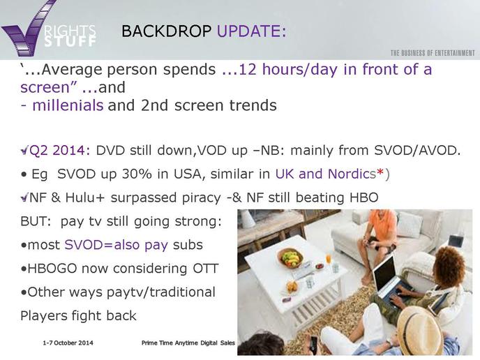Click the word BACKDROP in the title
pyautogui.click(x=166, y=31)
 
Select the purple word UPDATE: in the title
pyautogui.click(x=251, y=31)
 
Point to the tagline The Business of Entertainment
pyautogui.click(x=433, y=53)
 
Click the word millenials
pyautogui.click(x=68, y=105)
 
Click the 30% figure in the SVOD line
pyautogui.click(x=137, y=174)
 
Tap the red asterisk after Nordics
pyautogui.click(x=380, y=172)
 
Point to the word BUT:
pyautogui.click(x=36, y=221)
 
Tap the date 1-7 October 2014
pyautogui.click(x=68, y=343)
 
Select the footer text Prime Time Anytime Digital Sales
pyautogui.click(x=188, y=343)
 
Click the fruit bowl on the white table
pyautogui.click(x=290, y=257)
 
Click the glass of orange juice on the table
pyautogui.click(x=328, y=260)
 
